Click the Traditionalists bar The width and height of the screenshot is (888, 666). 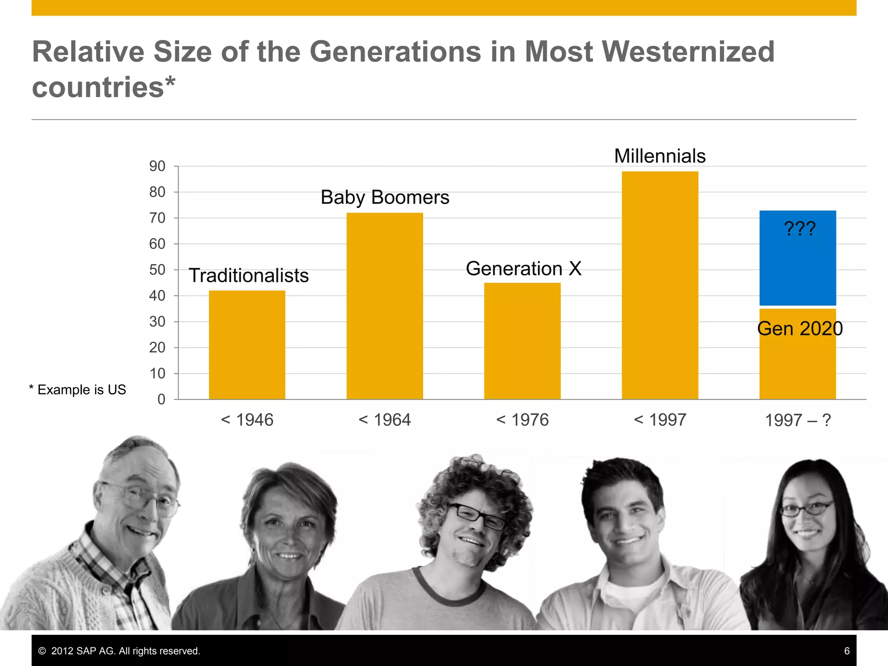click(247, 345)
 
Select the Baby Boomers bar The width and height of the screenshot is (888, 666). click(385, 306)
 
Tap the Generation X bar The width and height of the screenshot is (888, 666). click(522, 341)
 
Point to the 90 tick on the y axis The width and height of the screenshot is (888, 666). click(157, 166)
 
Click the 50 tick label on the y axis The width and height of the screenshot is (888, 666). click(157, 270)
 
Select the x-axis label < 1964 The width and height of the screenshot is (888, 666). click(385, 420)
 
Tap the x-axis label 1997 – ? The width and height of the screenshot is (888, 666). click(797, 420)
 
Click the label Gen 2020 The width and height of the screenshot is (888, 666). click(800, 329)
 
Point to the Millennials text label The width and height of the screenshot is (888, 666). click(659, 156)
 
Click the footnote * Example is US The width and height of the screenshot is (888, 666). click(78, 389)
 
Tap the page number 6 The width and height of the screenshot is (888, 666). click(846, 651)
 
